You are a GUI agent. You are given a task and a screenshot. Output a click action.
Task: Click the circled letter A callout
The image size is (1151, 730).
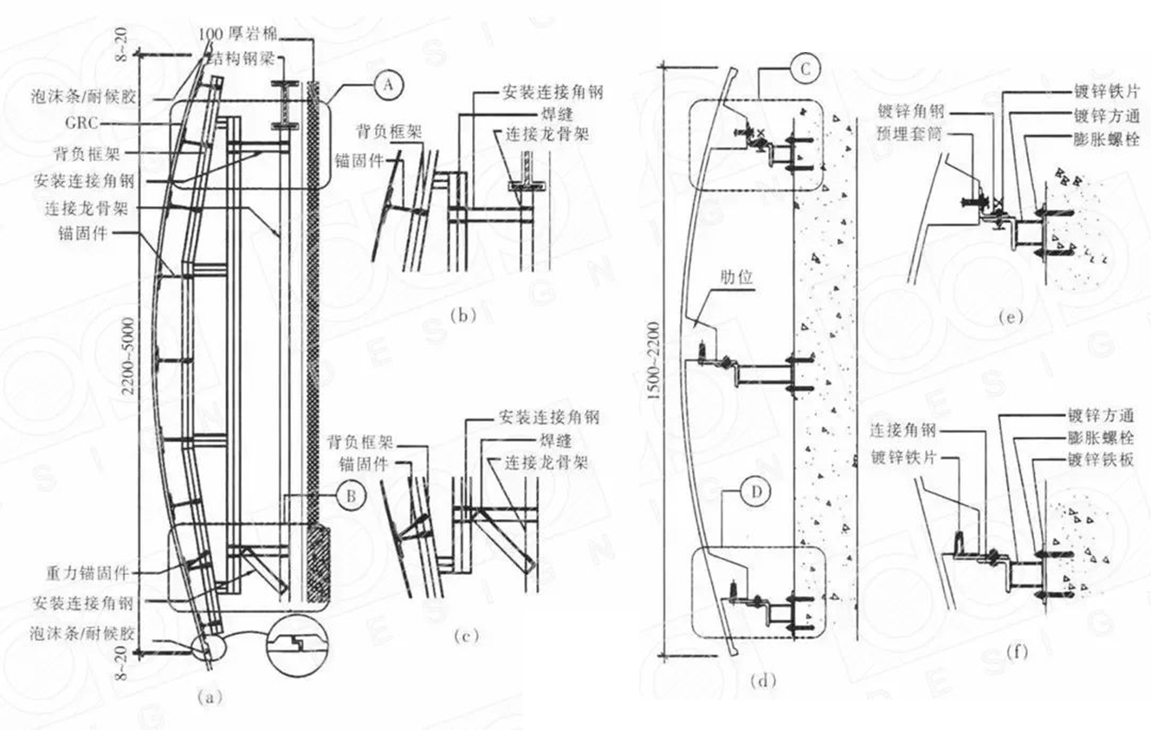tap(390, 84)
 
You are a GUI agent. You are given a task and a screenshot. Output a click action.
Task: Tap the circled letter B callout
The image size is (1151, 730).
tap(352, 496)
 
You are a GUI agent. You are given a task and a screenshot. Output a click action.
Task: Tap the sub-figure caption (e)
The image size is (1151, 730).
tap(1010, 317)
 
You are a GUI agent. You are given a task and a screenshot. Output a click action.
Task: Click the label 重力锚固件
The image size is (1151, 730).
tap(87, 573)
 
